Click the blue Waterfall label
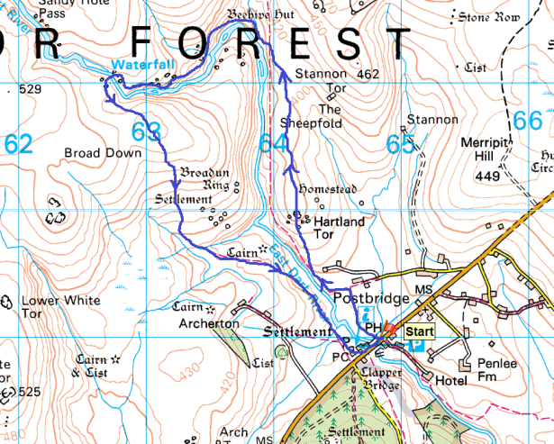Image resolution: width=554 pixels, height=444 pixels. tap(138, 65)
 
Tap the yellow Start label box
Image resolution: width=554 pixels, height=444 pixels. tap(419, 332)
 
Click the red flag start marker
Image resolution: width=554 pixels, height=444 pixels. tap(390, 330)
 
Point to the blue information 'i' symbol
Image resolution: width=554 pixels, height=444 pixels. tap(366, 314)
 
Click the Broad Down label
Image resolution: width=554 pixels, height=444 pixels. tap(103, 153)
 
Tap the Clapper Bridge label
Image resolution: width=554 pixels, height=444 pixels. tap(378, 378)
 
